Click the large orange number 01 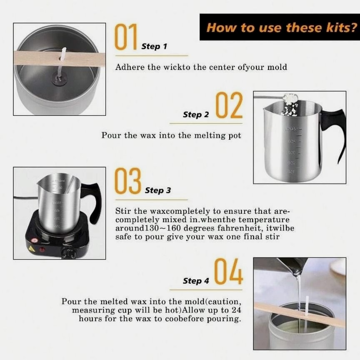click(x=126, y=37)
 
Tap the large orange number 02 click(x=229, y=105)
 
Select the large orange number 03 click(x=127, y=181)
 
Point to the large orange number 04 click(x=228, y=271)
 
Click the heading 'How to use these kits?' click(x=282, y=27)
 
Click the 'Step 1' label click(x=154, y=46)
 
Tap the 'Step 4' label click(x=196, y=281)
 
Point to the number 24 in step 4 click(x=236, y=310)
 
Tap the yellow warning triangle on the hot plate click(x=31, y=249)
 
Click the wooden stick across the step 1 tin click(x=60, y=59)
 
